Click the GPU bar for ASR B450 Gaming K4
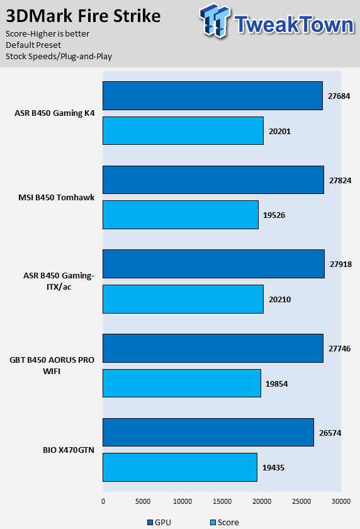(213, 96)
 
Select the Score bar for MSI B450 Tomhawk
(181, 215)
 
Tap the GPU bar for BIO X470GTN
(208, 433)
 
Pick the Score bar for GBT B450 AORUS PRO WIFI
(182, 384)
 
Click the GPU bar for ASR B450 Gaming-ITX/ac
(214, 264)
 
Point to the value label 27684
(339, 96)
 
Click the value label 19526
(274, 215)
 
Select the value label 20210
(280, 300)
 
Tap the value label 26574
(330, 433)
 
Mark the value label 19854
(277, 384)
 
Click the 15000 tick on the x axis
(222, 501)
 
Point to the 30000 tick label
(341, 501)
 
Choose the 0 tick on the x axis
(103, 501)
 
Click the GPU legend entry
(159, 522)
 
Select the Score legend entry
(225, 522)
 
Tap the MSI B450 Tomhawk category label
(56, 197)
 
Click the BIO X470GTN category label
(69, 450)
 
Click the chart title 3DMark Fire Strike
(83, 16)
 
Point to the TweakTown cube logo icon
(215, 21)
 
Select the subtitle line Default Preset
(33, 45)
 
